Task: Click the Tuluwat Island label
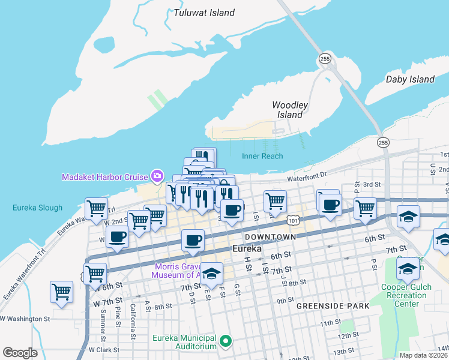203,11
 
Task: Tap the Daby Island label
410,79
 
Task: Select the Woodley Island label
290,110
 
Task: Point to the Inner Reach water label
262,157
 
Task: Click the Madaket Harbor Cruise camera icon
157,176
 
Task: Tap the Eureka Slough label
37,208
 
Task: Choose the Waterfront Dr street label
307,177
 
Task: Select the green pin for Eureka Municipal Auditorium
226,342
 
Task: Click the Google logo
20,352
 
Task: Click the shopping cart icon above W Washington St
62,292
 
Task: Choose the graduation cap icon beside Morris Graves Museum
211,274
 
